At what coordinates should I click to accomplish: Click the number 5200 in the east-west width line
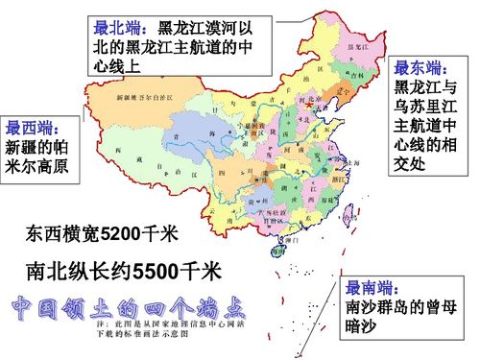point(121,233)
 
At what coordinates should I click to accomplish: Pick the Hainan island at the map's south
point(278,252)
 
